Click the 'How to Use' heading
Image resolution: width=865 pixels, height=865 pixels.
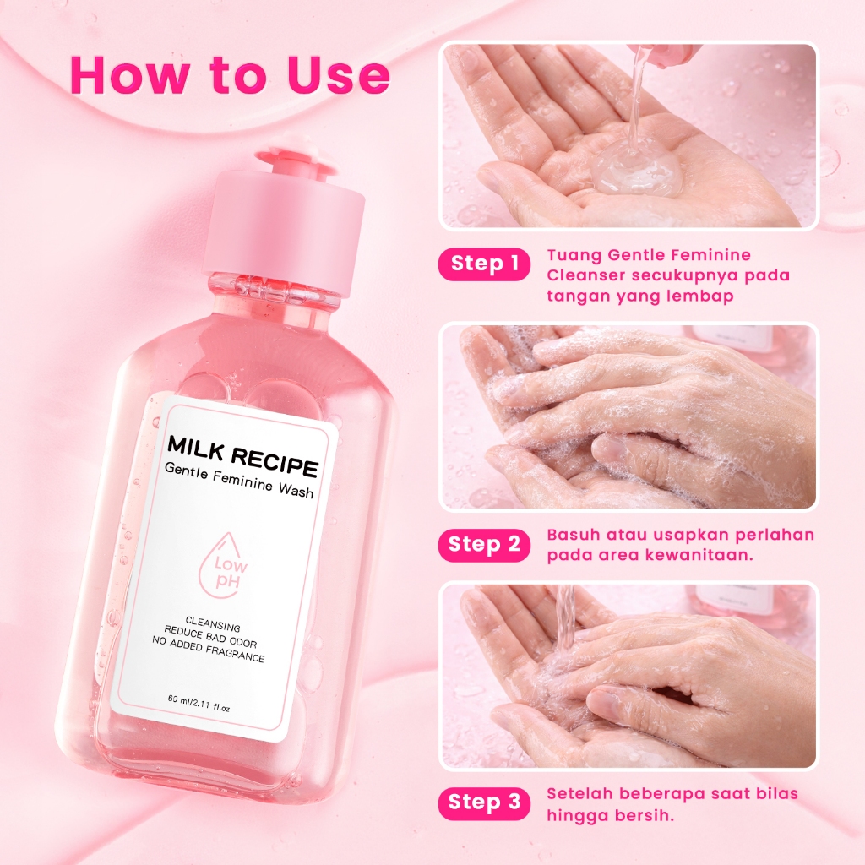pyautogui.click(x=230, y=74)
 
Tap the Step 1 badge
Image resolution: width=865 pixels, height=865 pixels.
pyautogui.click(x=484, y=264)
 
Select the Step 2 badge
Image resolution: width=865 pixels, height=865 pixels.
pyautogui.click(x=484, y=545)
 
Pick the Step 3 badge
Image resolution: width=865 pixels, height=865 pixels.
pyautogui.click(x=484, y=803)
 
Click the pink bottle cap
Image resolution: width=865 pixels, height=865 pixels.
pyautogui.click(x=286, y=220)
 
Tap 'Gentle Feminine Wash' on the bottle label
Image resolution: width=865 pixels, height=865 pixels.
pyautogui.click(x=239, y=481)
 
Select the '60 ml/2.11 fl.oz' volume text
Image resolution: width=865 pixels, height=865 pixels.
pyautogui.click(x=199, y=704)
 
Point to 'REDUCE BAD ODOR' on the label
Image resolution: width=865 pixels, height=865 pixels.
pyautogui.click(x=210, y=637)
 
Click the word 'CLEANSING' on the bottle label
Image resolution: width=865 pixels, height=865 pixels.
pyautogui.click(x=212, y=624)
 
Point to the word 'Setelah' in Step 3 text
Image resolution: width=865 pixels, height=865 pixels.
pyautogui.click(x=579, y=794)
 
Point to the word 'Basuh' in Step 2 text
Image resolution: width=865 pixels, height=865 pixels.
pyautogui.click(x=574, y=535)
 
